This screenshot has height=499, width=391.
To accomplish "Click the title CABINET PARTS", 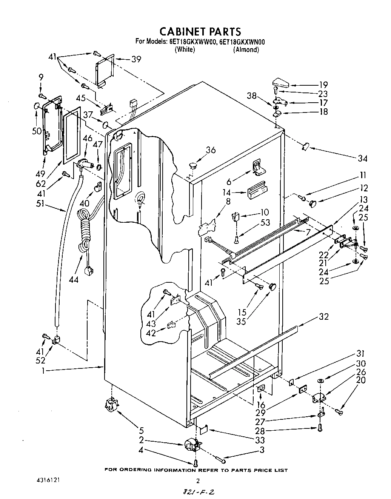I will pyautogui.click(x=200, y=31).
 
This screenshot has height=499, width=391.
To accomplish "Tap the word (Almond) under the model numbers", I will pyautogui.click(x=246, y=49).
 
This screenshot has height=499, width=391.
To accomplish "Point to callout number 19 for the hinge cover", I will pyautogui.click(x=323, y=85).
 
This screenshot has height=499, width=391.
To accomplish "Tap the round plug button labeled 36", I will pyautogui.click(x=193, y=165).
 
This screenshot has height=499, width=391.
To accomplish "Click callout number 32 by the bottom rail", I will pyautogui.click(x=323, y=316).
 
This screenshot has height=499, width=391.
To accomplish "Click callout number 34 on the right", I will pyautogui.click(x=362, y=158).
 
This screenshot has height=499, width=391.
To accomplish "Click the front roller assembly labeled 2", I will pyautogui.click(x=193, y=445).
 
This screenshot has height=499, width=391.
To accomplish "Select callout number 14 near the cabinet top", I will pyautogui.click(x=227, y=193).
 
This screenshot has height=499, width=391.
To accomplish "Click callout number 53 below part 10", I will pyautogui.click(x=265, y=222).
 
